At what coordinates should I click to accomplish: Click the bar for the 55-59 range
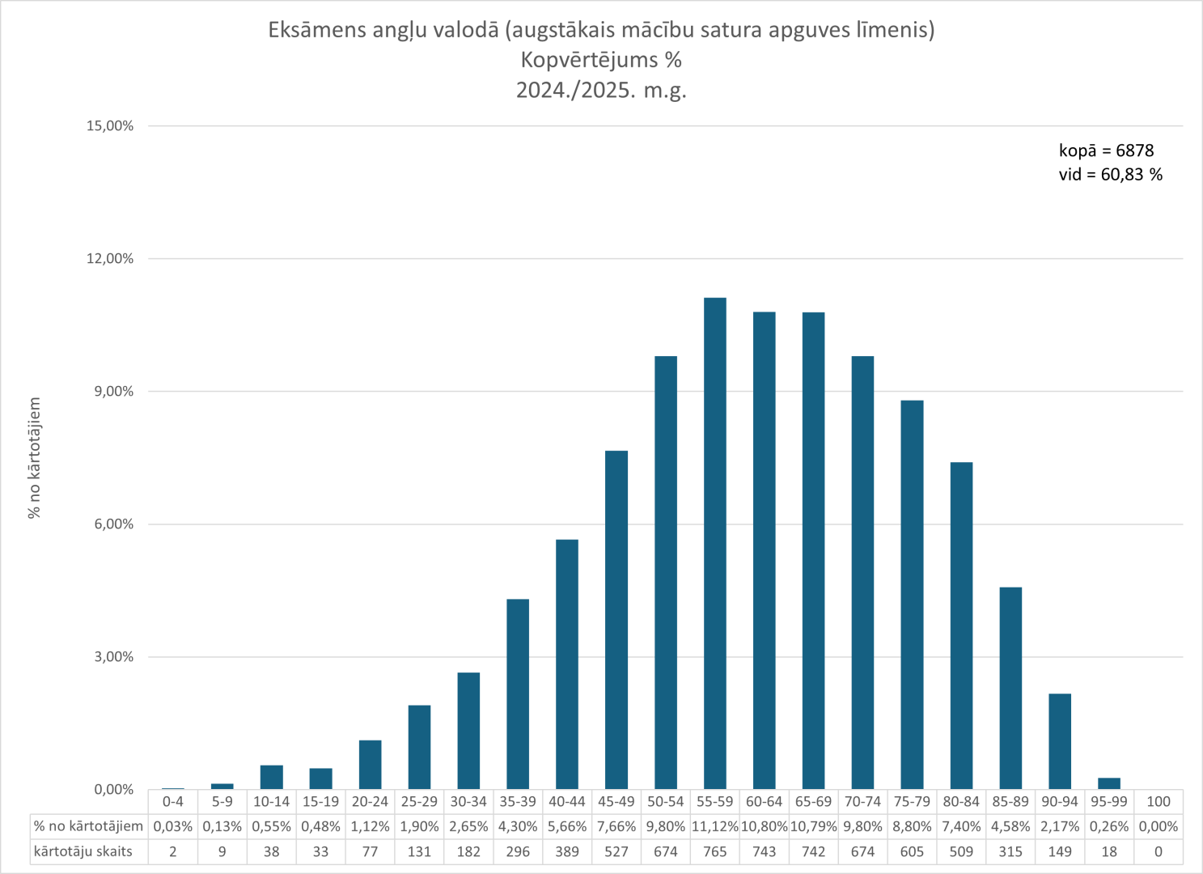[x=714, y=542]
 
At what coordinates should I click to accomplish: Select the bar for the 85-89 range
[x=1010, y=688]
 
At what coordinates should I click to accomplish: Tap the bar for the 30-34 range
[x=468, y=730]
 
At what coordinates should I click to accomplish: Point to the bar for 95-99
[x=1109, y=783]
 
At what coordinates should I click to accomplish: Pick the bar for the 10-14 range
[x=271, y=777]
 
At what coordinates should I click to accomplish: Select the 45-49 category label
[x=616, y=802]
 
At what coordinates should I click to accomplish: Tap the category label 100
[x=1159, y=802]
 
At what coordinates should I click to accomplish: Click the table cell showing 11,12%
[x=714, y=827]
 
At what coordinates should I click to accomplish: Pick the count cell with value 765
[x=714, y=852]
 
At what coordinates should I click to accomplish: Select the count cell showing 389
[x=566, y=852]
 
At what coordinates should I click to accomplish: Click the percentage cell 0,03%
[x=172, y=827]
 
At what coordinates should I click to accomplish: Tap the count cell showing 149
[x=1060, y=852]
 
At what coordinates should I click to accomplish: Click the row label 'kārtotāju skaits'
[x=83, y=852]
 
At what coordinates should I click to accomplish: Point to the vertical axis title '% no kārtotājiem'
[x=34, y=458]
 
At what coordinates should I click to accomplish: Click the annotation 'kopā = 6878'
[x=1106, y=151]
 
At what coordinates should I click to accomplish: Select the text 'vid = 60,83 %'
[x=1110, y=175]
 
